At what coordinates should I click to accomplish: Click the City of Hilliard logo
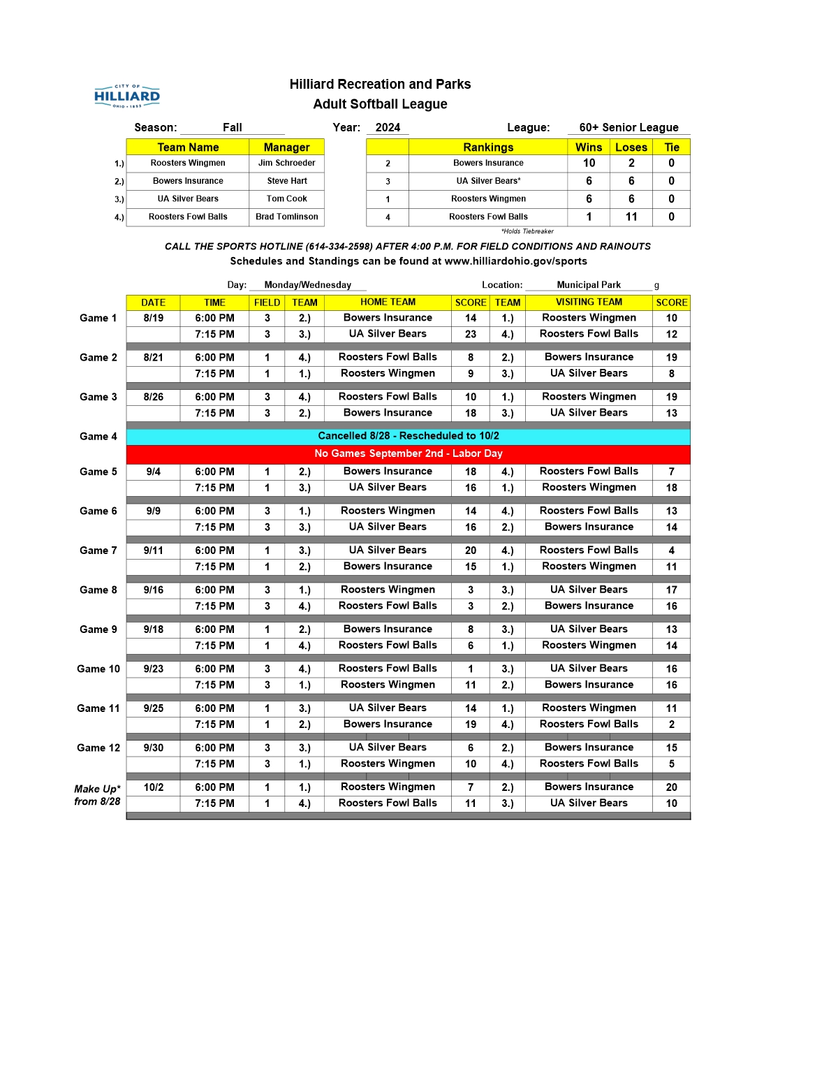pyautogui.click(x=127, y=96)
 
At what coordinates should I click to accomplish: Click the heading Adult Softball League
pyautogui.click(x=380, y=104)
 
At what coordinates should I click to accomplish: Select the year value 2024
pyautogui.click(x=388, y=127)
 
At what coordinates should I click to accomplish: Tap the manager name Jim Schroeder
pyautogui.click(x=286, y=163)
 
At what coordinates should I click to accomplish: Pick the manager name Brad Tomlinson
pyautogui.click(x=286, y=217)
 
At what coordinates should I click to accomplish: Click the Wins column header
pyautogui.click(x=589, y=147)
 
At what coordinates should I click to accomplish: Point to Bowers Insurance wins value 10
pyautogui.click(x=589, y=163)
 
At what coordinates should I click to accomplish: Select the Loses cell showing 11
pyautogui.click(x=631, y=217)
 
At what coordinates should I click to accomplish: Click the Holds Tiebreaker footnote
pyautogui.click(x=527, y=231)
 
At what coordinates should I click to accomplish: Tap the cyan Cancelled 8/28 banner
pyautogui.click(x=409, y=436)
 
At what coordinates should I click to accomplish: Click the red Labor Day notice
pyautogui.click(x=409, y=453)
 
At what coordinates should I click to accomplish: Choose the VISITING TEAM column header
pyautogui.click(x=589, y=303)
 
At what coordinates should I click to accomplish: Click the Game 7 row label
pyautogui.click(x=98, y=551)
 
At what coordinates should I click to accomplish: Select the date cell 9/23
pyautogui.click(x=154, y=669)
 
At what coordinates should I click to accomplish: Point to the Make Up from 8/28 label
pyautogui.click(x=97, y=795)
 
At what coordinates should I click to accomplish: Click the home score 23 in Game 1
pyautogui.click(x=471, y=334)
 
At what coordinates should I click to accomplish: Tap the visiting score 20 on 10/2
pyautogui.click(x=671, y=787)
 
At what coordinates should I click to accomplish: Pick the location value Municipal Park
pyautogui.click(x=589, y=285)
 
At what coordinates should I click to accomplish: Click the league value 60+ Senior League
pyautogui.click(x=628, y=127)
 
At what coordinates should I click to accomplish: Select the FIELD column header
pyautogui.click(x=267, y=303)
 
